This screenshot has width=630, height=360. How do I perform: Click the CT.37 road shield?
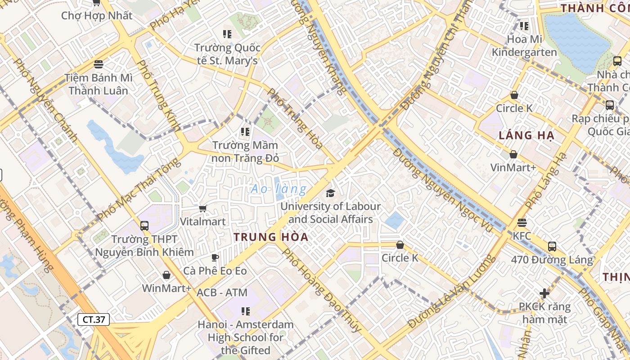(94, 319)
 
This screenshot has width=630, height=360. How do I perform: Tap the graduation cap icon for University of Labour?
(331, 193)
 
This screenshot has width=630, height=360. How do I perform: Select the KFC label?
(522, 236)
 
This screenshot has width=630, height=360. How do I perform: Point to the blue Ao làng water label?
(279, 189)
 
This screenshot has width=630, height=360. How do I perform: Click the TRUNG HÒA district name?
(271, 237)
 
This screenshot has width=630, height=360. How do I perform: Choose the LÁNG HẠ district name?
(526, 135)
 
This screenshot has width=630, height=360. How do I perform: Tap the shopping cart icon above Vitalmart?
(202, 208)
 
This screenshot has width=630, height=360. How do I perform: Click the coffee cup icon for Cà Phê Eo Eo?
(215, 257)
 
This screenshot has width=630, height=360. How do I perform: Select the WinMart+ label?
(166, 288)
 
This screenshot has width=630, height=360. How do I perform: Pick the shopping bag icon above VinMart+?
(513, 155)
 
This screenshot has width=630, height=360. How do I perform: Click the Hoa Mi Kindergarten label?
(524, 45)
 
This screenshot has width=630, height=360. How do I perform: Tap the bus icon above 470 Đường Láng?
(552, 247)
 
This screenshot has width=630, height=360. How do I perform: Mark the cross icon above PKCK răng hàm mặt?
(544, 293)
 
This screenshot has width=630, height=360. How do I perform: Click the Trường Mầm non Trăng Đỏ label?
(245, 152)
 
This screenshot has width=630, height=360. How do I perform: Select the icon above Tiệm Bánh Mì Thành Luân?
(99, 64)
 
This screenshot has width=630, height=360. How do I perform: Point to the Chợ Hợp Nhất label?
(97, 16)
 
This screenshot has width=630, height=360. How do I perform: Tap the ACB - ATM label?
(222, 292)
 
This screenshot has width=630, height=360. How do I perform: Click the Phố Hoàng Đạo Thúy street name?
(321, 290)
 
